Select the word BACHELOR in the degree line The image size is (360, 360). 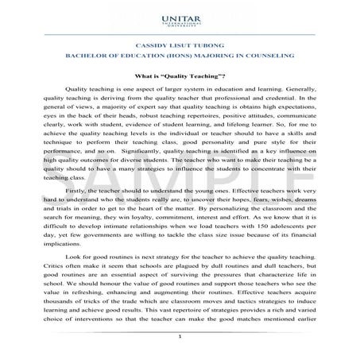pyautogui.click(x=82, y=56)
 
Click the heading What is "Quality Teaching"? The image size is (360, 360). pyautogui.click(x=180, y=75)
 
